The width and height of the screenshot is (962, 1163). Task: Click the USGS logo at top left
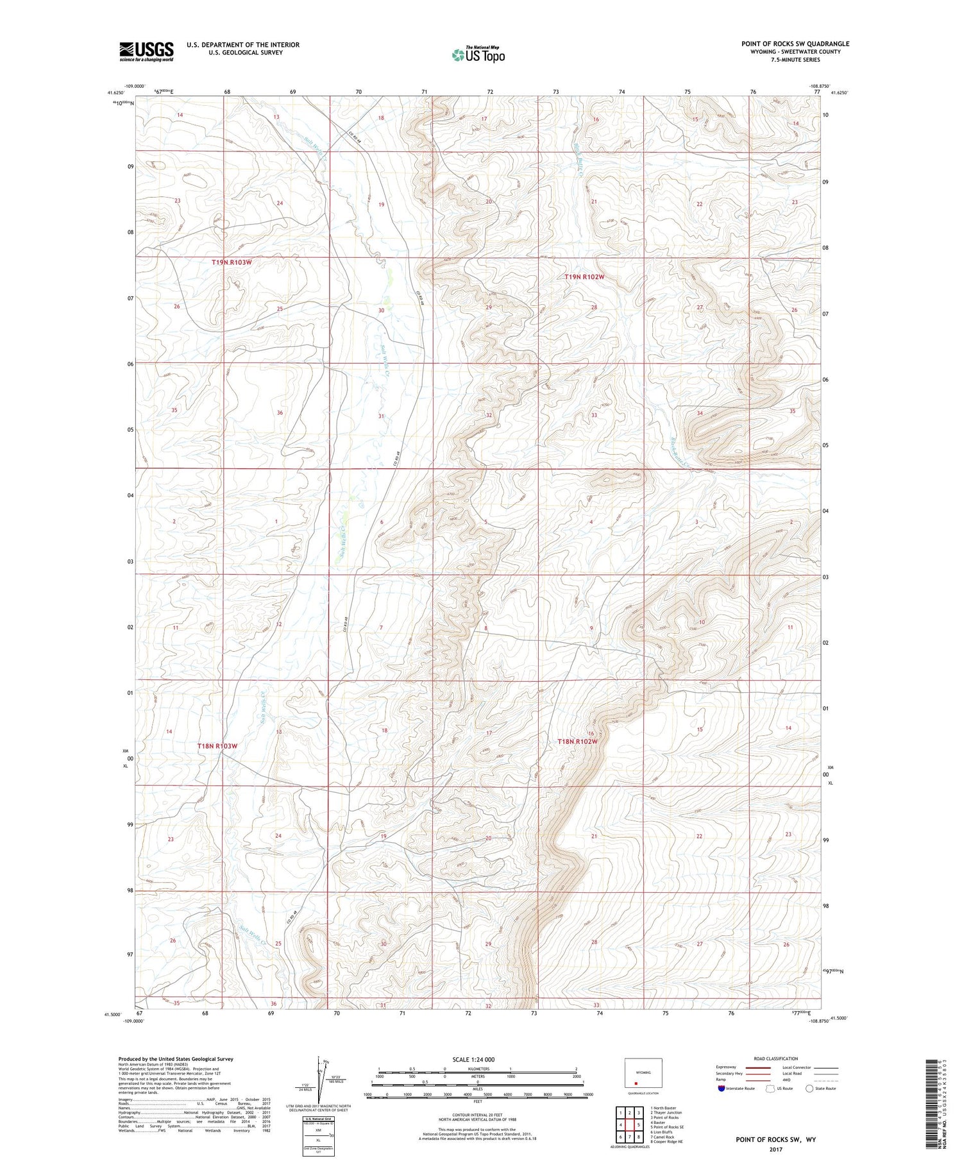(146, 51)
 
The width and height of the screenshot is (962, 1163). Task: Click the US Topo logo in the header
(478, 55)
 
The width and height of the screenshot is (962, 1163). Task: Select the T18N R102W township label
(577, 742)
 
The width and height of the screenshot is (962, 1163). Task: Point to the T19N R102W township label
(584, 277)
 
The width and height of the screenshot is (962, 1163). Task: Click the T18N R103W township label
(217, 746)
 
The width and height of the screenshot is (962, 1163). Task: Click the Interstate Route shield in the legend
(721, 1089)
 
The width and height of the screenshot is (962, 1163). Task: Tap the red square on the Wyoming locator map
(636, 1083)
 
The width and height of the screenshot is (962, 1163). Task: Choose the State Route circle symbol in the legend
(810, 1089)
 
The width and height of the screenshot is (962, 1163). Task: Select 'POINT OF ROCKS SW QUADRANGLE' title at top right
(795, 44)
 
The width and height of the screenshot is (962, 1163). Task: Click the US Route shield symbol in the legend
(770, 1089)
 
